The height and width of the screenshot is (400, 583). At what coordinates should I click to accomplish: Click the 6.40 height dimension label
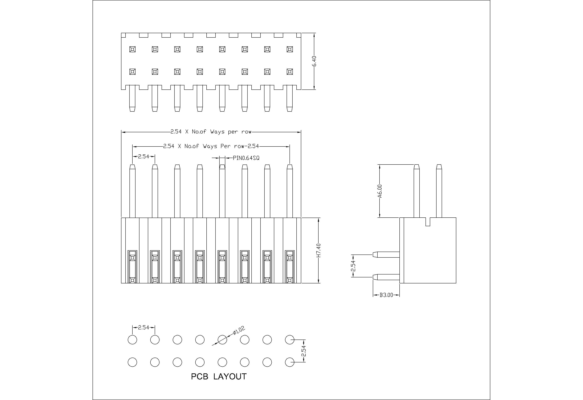coord(314,61)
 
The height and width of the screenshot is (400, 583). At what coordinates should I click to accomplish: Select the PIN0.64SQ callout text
coord(246,158)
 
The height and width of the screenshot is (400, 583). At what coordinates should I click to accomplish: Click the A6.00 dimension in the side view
coord(380,191)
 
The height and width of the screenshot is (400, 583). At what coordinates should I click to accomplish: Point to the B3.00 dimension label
coord(386,295)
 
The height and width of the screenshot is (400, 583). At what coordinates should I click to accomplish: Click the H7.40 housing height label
coord(319,250)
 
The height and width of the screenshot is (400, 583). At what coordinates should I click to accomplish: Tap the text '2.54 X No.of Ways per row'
coord(211,132)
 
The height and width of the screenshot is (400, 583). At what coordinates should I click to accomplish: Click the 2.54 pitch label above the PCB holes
coord(144,327)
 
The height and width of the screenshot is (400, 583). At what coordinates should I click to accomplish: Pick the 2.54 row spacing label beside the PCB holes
coord(304,351)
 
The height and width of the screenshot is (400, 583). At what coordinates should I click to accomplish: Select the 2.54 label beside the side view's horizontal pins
coord(353,266)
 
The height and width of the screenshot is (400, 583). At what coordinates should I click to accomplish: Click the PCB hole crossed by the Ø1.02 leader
coord(222,340)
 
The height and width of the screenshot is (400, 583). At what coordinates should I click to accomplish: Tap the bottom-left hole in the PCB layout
coord(132,362)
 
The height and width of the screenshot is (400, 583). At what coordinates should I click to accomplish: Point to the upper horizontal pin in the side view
coord(386,255)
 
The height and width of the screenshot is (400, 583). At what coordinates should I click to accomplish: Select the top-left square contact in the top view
coord(132,49)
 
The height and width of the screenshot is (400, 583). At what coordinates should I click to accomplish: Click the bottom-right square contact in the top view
coord(290,72)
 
